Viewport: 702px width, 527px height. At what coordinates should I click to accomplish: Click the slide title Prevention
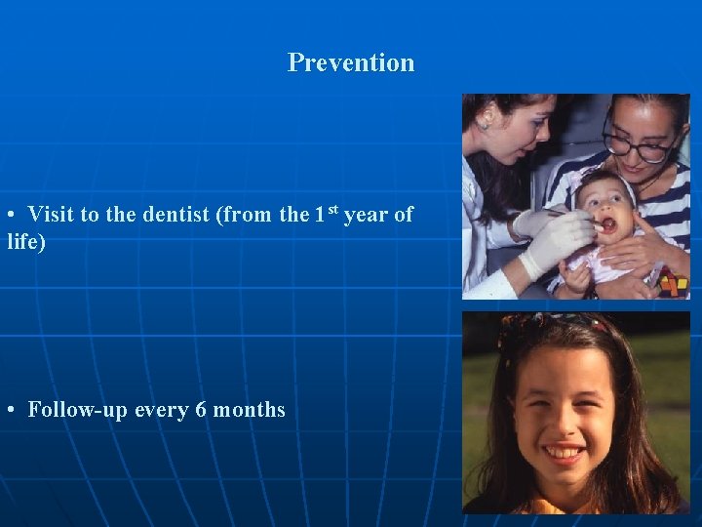[x=351, y=62]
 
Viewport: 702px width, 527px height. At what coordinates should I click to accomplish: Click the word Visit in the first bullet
[x=51, y=215]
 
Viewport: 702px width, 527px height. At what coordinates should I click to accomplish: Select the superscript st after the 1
[x=332, y=210]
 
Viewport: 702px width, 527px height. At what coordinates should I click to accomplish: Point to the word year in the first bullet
[x=366, y=215]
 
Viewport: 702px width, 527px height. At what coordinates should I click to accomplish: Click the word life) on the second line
[x=26, y=241]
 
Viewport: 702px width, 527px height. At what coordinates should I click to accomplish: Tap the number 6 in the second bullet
[x=201, y=410]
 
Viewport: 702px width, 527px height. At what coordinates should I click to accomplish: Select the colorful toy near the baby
[x=673, y=284]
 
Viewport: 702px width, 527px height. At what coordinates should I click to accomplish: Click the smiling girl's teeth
[x=566, y=453]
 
